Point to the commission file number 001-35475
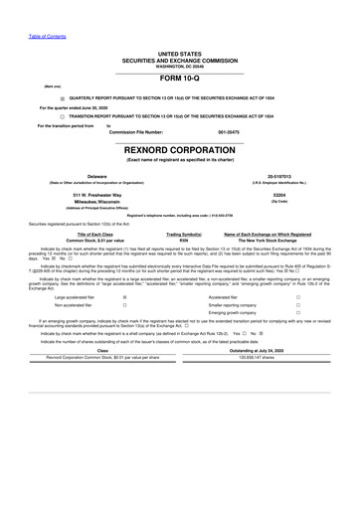point(229,132)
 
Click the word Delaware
point(97,175)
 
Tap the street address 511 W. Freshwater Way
point(97,196)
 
